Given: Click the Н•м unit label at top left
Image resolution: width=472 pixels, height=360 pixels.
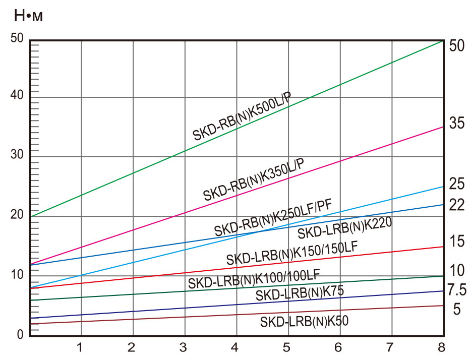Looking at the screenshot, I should click(28, 16).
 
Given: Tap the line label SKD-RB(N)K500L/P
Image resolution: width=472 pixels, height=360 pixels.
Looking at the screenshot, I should click(242, 116).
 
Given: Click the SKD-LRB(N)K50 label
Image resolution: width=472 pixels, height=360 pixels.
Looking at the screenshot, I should click(304, 321).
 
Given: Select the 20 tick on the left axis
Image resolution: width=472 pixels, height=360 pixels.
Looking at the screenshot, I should click(17, 214).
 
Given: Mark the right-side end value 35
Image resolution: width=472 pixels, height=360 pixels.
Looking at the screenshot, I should click(456, 123).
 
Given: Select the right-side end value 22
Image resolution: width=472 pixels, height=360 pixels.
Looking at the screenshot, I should click(456, 205).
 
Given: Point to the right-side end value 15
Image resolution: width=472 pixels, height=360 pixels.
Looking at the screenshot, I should click(456, 241).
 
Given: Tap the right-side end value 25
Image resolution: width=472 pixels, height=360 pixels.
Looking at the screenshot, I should click(456, 184).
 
